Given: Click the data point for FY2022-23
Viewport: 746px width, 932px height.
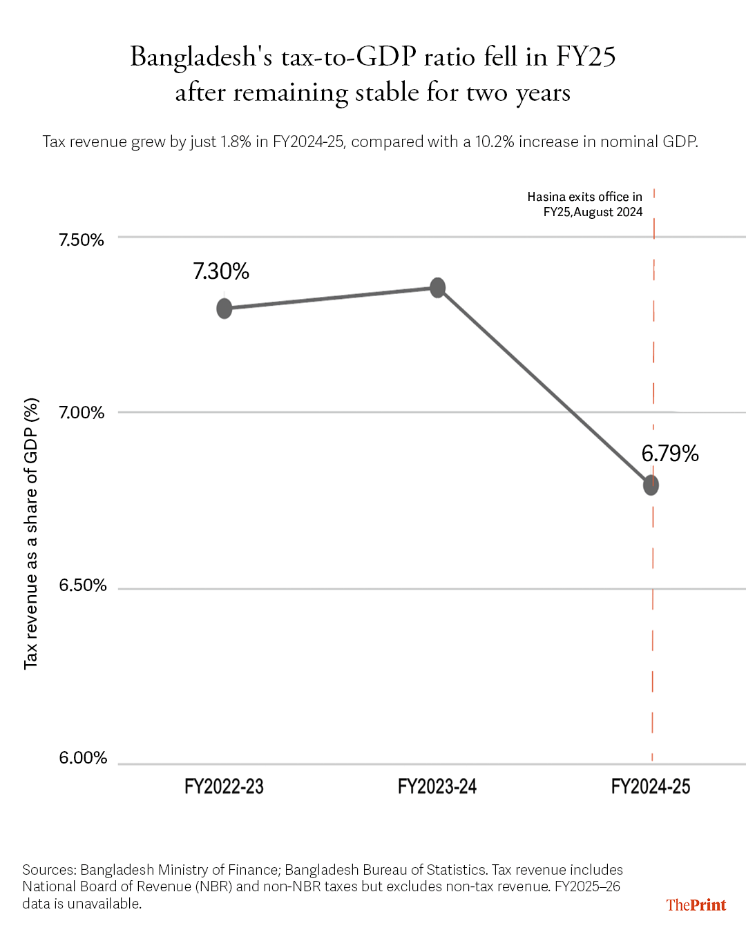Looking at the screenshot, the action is pyautogui.click(x=224, y=309).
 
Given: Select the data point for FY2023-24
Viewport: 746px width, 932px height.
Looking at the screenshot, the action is pyautogui.click(x=437, y=288).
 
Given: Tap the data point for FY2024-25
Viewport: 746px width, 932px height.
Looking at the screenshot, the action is pyautogui.click(x=651, y=485).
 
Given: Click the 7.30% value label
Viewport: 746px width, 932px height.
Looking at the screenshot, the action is pyautogui.click(x=221, y=271).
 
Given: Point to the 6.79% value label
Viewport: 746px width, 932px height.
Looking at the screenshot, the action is pyautogui.click(x=670, y=454).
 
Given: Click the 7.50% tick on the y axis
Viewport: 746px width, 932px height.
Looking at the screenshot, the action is pyautogui.click(x=82, y=240).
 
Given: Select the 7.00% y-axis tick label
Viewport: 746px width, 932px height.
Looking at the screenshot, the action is pyautogui.click(x=82, y=412).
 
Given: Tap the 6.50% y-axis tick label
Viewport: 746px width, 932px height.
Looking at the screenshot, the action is pyautogui.click(x=83, y=585).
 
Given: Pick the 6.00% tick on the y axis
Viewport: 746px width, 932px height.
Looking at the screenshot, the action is pyautogui.click(x=83, y=758).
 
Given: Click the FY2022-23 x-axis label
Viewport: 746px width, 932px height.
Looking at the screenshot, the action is pyautogui.click(x=224, y=786).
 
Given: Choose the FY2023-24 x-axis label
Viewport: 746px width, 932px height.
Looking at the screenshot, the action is pyautogui.click(x=437, y=786).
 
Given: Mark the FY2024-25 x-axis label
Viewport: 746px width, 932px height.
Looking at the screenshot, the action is pyautogui.click(x=651, y=786).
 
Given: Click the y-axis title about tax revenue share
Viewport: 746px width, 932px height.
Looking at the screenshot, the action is pyautogui.click(x=31, y=534).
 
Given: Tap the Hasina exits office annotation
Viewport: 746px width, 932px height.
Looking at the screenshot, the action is pyautogui.click(x=585, y=204).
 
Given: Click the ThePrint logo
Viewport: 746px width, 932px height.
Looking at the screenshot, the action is pyautogui.click(x=696, y=904).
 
